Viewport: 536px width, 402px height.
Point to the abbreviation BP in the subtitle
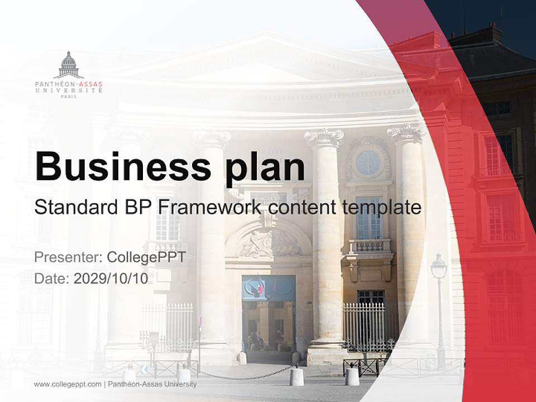(137, 208)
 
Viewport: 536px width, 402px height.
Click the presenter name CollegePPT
(146, 257)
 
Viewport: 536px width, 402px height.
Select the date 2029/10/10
(111, 279)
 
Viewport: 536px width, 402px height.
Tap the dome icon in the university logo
(69, 64)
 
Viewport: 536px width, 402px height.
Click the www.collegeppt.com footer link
(68, 384)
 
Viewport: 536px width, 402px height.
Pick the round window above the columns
(368, 162)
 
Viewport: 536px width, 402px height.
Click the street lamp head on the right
(439, 267)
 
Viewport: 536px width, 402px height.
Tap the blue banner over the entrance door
(269, 288)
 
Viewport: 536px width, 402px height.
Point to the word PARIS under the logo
(69, 97)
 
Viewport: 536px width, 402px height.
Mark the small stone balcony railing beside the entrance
(370, 246)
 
